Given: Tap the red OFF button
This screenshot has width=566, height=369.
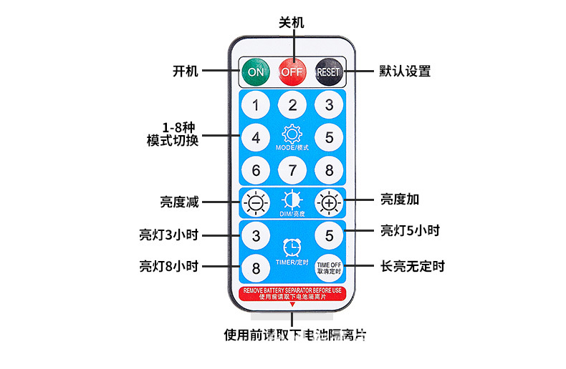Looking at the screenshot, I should [x=292, y=72].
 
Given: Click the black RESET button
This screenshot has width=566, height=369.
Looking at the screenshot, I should [x=329, y=72].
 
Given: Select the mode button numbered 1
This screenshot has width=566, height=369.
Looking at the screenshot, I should [x=255, y=106].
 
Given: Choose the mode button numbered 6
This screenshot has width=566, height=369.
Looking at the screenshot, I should [x=255, y=170].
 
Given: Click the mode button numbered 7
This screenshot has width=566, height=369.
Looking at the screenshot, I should [x=292, y=170].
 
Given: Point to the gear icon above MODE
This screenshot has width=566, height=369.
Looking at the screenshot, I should [x=292, y=134].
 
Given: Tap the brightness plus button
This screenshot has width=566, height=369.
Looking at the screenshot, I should [x=329, y=203].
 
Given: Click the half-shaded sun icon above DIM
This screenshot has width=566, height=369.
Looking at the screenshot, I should [x=292, y=200].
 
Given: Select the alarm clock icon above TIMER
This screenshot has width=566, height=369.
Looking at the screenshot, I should [x=292, y=247].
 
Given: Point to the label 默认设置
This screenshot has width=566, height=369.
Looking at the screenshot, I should [x=405, y=72].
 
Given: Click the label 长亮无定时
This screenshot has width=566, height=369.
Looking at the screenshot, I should [x=413, y=267].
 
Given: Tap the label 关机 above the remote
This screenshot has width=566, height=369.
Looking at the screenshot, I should [x=292, y=23].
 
